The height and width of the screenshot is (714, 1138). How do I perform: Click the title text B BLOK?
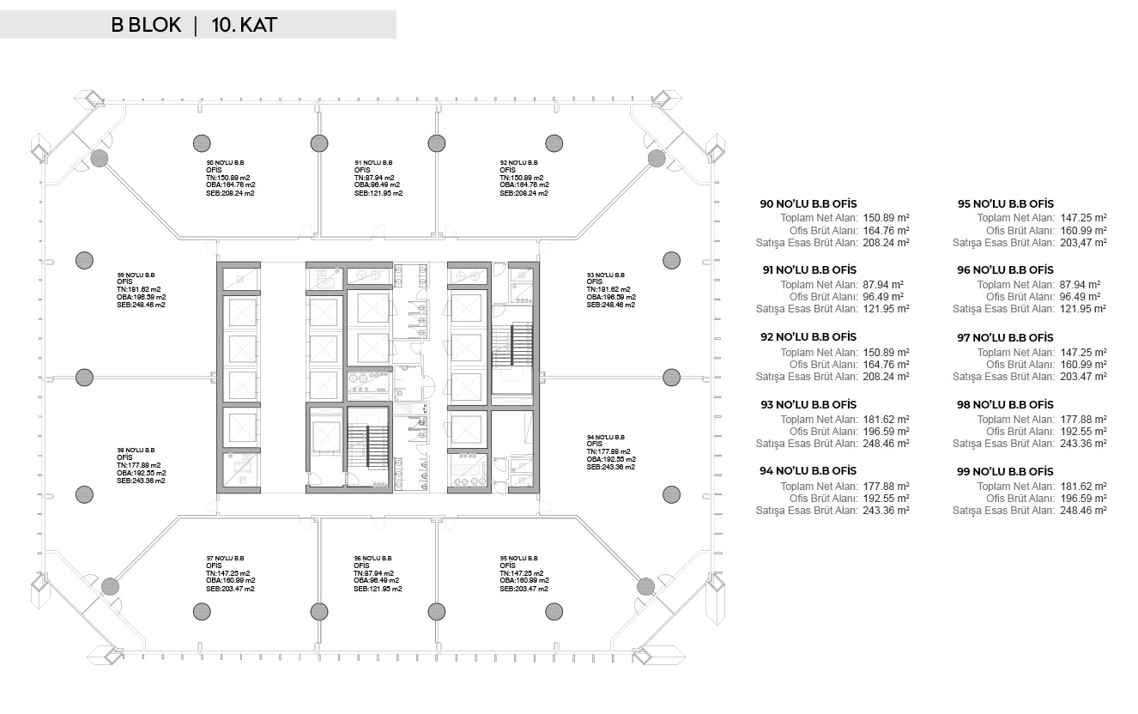click(146, 25)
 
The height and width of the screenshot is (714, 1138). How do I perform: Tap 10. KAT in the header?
click(244, 25)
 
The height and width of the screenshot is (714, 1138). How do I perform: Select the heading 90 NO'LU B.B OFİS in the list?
click(808, 203)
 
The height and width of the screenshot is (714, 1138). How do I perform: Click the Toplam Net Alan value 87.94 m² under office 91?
click(883, 285)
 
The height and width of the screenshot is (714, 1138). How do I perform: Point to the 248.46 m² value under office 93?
click(886, 443)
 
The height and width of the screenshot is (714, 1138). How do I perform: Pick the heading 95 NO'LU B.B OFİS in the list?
click(1006, 203)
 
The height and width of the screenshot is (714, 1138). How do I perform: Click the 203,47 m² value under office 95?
click(1083, 242)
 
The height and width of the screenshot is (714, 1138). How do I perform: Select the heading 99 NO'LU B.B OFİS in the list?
click(1005, 472)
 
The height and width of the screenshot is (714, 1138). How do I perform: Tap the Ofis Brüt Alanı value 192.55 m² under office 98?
click(1083, 431)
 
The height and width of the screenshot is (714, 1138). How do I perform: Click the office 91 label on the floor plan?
click(378, 178)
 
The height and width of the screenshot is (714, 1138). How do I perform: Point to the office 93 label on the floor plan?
click(611, 290)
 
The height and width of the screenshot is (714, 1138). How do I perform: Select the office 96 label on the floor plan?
click(378, 573)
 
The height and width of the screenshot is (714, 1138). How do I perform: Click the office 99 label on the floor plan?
click(142, 290)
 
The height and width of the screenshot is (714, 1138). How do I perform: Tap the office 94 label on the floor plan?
click(611, 451)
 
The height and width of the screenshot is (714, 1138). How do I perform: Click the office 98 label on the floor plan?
click(141, 465)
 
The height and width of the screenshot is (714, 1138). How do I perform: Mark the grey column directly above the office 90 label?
click(202, 143)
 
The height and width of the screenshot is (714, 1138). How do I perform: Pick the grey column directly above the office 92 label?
click(554, 143)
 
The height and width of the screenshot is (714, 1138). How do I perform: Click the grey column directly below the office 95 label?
click(554, 611)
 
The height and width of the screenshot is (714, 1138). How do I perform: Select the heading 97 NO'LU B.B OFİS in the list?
click(1005, 337)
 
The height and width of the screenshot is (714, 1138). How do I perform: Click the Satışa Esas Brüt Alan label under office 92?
click(807, 377)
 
